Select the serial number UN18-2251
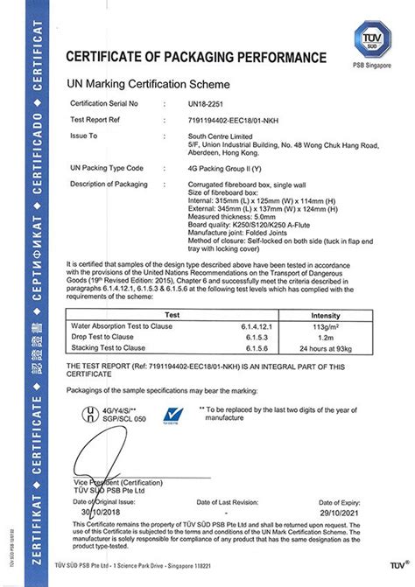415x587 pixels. pos(206,102)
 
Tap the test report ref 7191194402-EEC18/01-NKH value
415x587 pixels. pos(235,119)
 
